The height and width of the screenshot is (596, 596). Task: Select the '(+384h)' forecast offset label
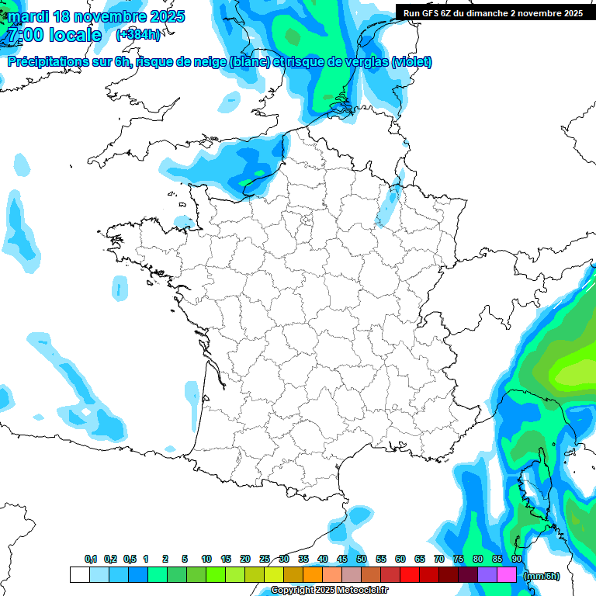coord(138,35)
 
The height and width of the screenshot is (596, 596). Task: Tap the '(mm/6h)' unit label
coord(542,575)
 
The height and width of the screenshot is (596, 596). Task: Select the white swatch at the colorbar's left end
coord(79,574)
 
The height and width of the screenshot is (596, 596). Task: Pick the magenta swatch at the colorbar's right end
coord(507,574)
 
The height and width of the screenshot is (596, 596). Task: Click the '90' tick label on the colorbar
coord(517,559)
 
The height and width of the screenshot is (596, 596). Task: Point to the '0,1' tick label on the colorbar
coord(90,559)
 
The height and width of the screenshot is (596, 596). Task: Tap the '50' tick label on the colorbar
coord(362,559)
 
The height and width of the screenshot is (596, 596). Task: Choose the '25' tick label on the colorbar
coord(265,559)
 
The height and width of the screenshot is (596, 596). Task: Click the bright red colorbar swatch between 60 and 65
coord(410,574)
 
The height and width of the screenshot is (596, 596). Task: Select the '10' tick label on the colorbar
coord(206,559)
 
